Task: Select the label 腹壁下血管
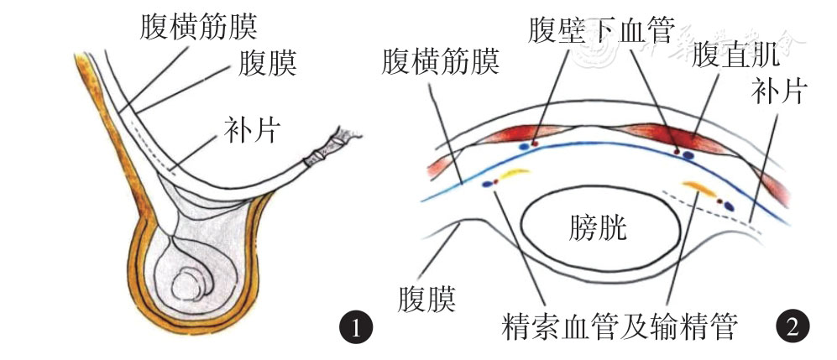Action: [602, 32]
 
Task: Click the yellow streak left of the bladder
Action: [512, 174]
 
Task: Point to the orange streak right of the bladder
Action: [698, 185]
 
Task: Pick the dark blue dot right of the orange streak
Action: [728, 204]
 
